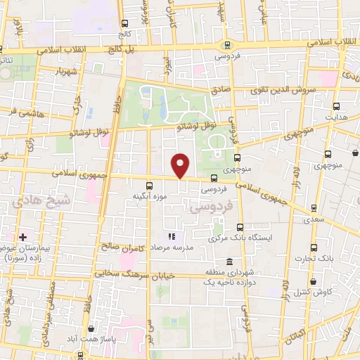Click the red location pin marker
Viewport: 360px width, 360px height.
(x=181, y=165)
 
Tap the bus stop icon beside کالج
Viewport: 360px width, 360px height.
(x=124, y=23)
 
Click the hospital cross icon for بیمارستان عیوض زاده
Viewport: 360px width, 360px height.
(x=23, y=236)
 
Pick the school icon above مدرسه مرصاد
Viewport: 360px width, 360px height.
(x=171, y=236)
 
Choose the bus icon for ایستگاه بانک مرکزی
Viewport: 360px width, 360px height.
(x=240, y=226)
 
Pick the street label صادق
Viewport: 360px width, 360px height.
(x=222, y=90)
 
